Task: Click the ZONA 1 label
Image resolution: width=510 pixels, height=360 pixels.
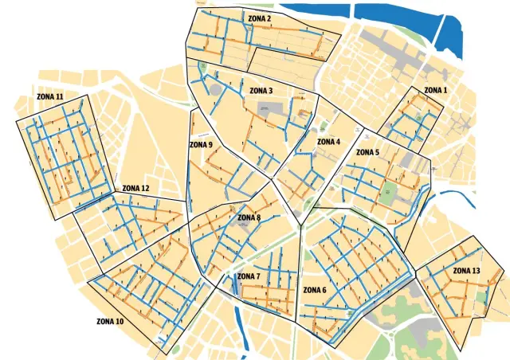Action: click(435, 91)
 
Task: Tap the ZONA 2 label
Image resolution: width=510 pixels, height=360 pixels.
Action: click(259, 18)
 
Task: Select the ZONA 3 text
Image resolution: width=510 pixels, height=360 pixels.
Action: click(261, 91)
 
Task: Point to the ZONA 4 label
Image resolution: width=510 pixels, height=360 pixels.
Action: click(328, 142)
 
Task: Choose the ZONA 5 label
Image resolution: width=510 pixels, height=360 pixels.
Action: click(367, 152)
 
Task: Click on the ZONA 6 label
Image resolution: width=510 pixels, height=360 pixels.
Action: click(314, 290)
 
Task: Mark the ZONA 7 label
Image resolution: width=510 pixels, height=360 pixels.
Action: click(248, 276)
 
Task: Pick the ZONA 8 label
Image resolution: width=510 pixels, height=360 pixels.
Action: click(249, 217)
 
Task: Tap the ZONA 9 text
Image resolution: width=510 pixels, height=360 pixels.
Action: click(201, 145)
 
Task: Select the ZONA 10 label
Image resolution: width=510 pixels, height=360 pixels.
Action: click(110, 322)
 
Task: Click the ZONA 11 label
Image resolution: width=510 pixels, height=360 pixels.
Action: click(50, 96)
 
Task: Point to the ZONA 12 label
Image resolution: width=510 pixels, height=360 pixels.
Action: click(135, 189)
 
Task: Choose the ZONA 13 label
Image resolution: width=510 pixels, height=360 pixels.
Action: click(466, 271)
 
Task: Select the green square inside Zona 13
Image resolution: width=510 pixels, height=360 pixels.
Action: click(481, 295)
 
